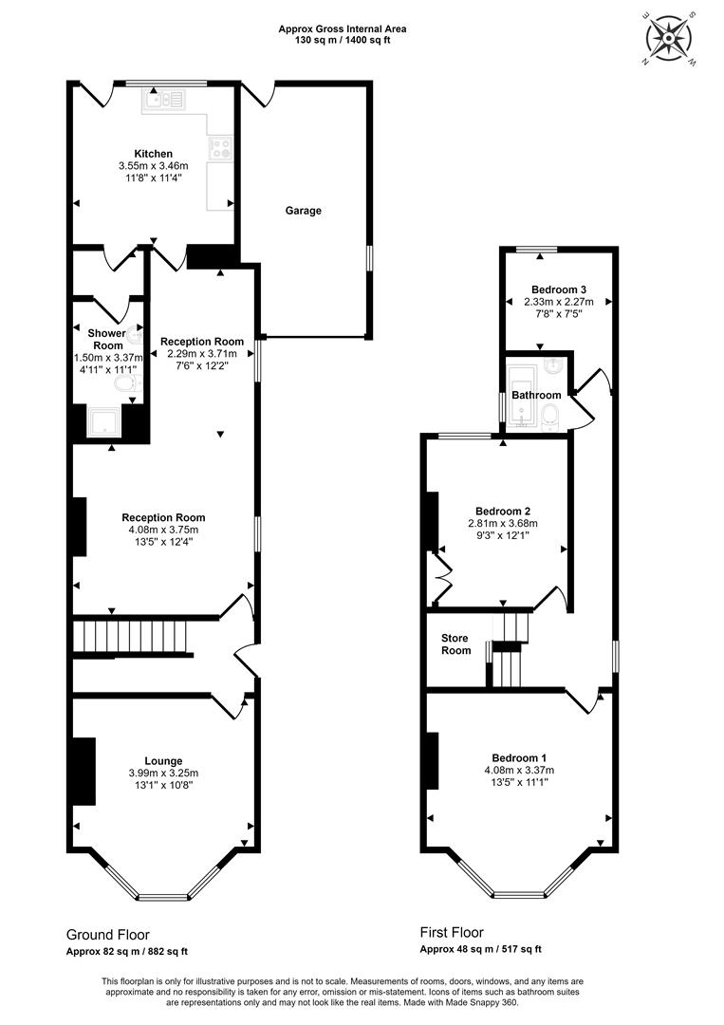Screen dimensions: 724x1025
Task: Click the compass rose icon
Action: [x=668, y=38]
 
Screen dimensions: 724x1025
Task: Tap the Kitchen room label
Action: [x=154, y=155]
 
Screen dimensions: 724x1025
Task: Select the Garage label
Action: [x=304, y=211]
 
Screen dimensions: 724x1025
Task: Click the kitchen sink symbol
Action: [x=164, y=100]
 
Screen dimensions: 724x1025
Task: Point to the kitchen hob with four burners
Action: [x=220, y=147]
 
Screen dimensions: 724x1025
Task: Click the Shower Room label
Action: [x=107, y=339]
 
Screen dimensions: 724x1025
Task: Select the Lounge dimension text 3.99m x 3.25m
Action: [x=163, y=773]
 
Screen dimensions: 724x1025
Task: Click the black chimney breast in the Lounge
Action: [x=84, y=772]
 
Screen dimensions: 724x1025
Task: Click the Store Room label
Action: [x=455, y=643]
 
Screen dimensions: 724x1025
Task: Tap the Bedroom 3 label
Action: [x=559, y=289]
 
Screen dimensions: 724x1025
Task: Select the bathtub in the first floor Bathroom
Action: [x=523, y=396]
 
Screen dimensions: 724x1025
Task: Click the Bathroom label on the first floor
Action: [x=536, y=395]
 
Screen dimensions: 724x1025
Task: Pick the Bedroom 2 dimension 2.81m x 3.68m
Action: [x=503, y=523]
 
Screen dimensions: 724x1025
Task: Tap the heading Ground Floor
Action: [x=108, y=935]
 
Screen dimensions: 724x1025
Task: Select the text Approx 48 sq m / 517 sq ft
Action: [x=480, y=949]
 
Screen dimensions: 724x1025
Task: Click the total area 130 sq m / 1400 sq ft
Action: [x=343, y=39]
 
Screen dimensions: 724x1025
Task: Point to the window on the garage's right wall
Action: [x=369, y=257]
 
